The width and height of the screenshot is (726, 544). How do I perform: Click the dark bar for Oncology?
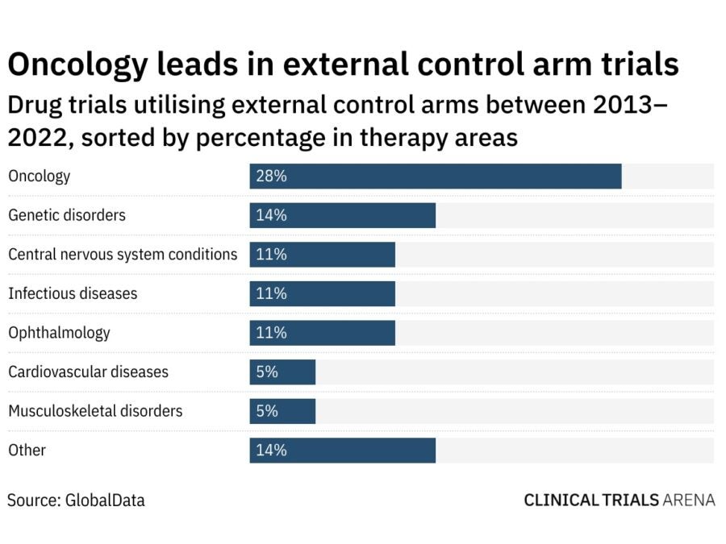click(x=436, y=176)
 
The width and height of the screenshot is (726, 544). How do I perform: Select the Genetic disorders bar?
click(x=343, y=215)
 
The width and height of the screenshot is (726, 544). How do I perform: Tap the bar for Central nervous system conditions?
click(x=323, y=255)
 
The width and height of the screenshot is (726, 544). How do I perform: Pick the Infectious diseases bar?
click(x=323, y=293)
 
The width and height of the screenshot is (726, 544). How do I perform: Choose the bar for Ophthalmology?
click(x=323, y=333)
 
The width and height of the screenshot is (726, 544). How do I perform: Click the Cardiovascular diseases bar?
click(x=282, y=372)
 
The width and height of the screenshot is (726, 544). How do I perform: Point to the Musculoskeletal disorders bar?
click(x=282, y=411)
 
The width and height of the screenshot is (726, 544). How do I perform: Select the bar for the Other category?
click(x=343, y=450)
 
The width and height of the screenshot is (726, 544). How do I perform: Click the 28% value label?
click(x=271, y=176)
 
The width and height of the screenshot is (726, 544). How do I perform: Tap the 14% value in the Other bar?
click(x=271, y=450)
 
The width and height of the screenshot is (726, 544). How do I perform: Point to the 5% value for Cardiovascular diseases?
click(x=267, y=372)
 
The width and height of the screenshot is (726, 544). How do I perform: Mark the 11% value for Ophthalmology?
click(x=271, y=333)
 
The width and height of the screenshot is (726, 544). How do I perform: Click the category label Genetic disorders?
click(x=67, y=215)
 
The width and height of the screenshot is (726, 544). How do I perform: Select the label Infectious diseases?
click(x=73, y=293)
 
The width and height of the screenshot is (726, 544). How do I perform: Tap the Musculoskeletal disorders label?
click(x=95, y=411)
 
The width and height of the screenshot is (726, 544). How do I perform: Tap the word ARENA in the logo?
click(x=689, y=500)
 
